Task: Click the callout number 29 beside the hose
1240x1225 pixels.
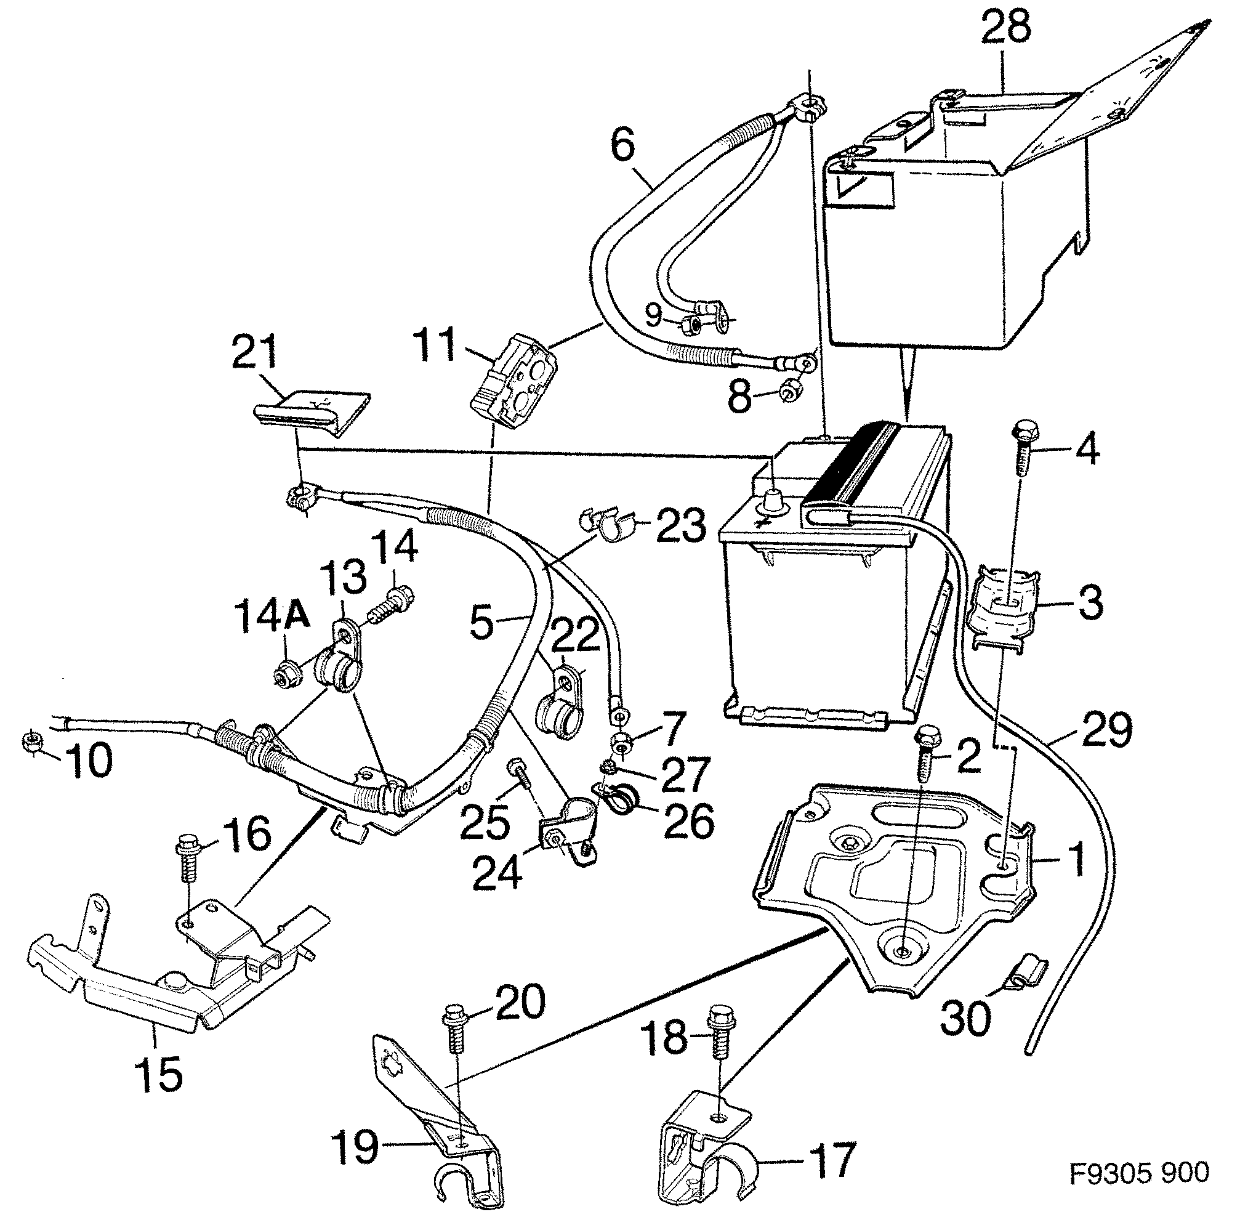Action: [x=1107, y=730]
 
